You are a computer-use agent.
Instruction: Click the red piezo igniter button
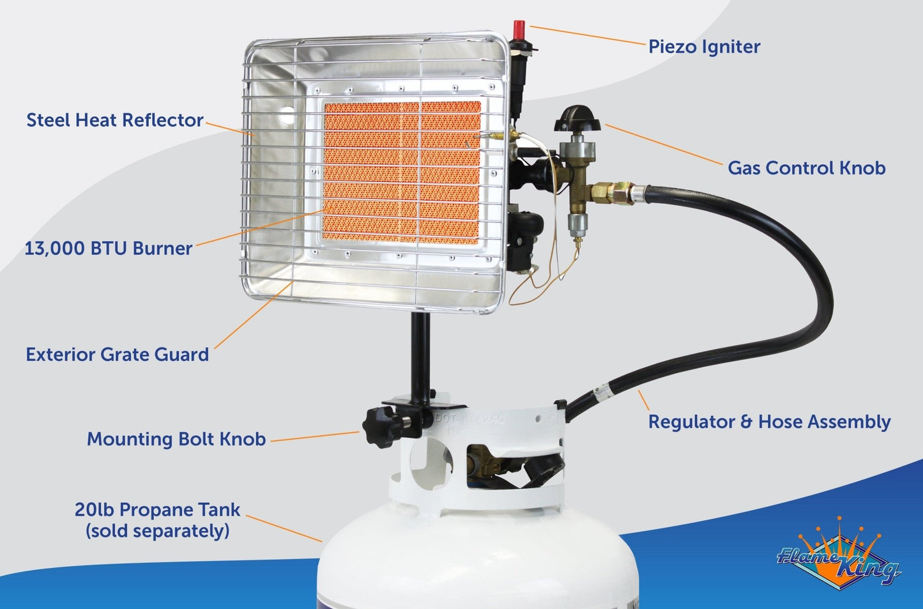coord(519,29)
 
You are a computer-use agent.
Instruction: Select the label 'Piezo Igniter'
coord(704,47)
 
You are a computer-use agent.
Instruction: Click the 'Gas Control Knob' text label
coord(806,168)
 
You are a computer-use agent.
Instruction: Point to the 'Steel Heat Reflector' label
coord(115,120)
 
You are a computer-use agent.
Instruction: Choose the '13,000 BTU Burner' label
coord(108,249)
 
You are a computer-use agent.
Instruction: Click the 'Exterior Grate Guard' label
coord(117,355)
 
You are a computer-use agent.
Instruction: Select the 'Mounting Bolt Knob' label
coord(176,440)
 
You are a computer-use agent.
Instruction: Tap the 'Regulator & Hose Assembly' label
coord(769,422)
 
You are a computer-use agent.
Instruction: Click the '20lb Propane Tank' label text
coord(157,510)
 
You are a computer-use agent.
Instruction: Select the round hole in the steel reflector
coord(286,117)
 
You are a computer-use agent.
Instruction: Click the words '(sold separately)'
coord(157,531)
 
